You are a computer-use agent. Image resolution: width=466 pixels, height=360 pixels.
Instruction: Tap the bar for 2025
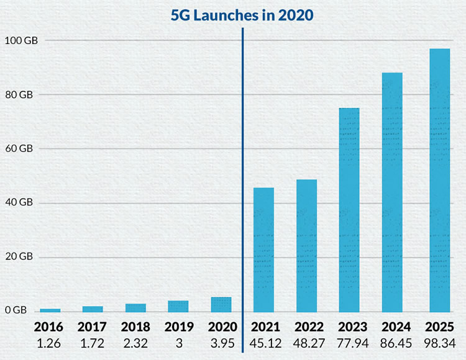[x=439, y=180]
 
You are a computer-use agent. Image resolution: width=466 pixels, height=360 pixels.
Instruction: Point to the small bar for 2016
[x=50, y=310]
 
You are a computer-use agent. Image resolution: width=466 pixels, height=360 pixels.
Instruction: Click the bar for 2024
[x=392, y=192]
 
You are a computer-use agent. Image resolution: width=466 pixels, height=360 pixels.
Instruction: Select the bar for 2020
[x=221, y=304]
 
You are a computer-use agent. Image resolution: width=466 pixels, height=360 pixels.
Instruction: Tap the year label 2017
[x=93, y=326]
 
